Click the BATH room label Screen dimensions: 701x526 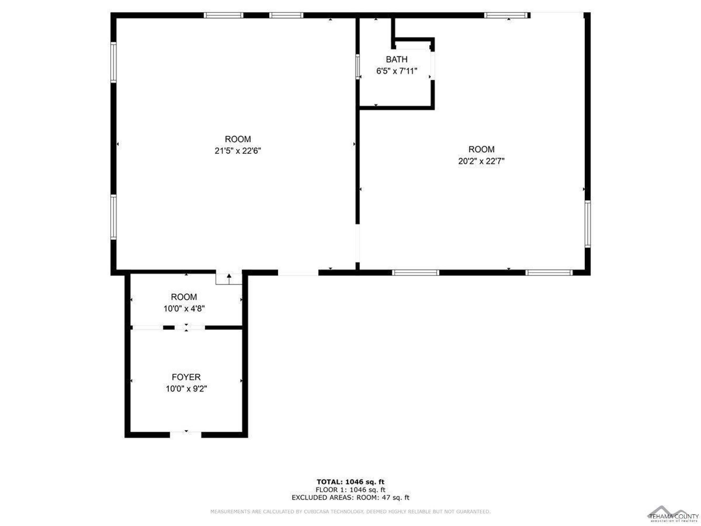[396, 59]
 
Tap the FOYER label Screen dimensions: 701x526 [186, 377]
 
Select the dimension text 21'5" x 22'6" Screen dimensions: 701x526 [238, 151]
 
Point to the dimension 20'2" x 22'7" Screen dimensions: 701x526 [481, 161]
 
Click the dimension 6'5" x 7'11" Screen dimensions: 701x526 [396, 71]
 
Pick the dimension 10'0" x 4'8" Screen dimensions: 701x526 [184, 308]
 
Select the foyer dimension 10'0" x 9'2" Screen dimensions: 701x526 [186, 388]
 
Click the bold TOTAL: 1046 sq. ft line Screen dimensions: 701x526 [351, 482]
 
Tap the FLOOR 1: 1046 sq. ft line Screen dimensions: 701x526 [351, 490]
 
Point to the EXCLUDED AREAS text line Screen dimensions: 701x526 [351, 498]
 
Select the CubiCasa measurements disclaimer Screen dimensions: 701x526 [351, 512]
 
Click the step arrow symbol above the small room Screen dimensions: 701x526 [229, 279]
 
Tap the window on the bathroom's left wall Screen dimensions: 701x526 [358, 67]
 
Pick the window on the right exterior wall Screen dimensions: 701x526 [587, 224]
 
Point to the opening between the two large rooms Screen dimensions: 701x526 [357, 243]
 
